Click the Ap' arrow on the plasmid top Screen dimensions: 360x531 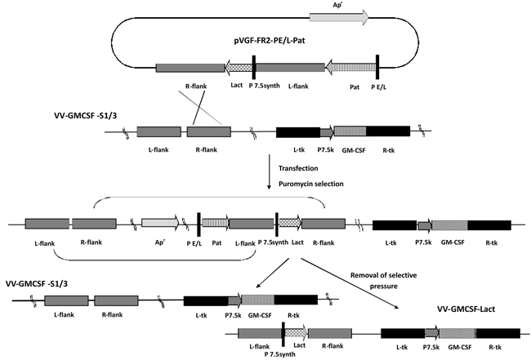(338, 16)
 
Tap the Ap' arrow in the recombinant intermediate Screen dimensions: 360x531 (160, 223)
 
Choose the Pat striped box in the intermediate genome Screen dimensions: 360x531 (216, 223)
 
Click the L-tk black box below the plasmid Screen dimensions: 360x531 (297, 131)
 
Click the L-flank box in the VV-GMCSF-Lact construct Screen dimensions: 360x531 (259, 333)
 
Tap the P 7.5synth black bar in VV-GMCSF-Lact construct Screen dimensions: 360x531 (282, 333)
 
